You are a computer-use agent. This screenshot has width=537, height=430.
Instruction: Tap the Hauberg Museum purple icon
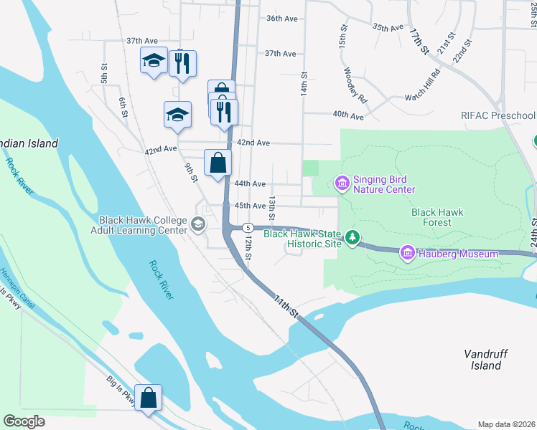[408, 254]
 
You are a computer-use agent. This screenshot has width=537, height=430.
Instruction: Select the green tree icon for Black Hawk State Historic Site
[352, 236]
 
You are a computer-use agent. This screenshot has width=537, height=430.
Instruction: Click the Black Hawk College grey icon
[197, 225]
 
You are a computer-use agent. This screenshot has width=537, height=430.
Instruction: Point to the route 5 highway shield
[247, 227]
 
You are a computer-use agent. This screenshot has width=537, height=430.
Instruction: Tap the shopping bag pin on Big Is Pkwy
[148, 398]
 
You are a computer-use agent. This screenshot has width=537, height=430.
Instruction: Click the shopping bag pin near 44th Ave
[218, 163]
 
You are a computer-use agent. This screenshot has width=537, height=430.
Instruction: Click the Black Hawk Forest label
[436, 217]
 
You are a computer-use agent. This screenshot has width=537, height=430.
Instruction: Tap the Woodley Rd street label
[355, 86]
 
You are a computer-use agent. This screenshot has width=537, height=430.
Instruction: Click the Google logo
[24, 421]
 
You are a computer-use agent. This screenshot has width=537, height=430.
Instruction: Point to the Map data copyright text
[506, 424]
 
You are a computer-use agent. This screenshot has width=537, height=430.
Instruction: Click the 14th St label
[304, 84]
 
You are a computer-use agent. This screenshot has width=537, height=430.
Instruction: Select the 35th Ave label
[388, 27]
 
